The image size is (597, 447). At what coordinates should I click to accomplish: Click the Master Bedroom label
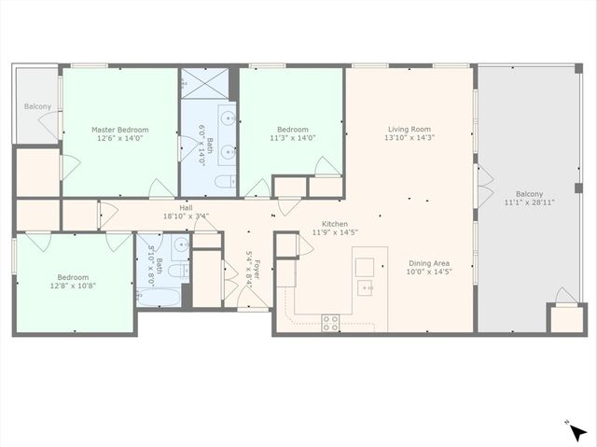tap(119, 129)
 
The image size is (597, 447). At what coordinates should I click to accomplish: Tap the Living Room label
tap(409, 129)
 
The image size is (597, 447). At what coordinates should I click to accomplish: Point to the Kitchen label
tap(335, 224)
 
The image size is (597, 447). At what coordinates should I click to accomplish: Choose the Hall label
tap(187, 207)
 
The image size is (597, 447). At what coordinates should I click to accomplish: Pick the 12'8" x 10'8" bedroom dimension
tap(72, 286)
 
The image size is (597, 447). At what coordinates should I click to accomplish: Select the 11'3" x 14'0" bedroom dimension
tap(292, 137)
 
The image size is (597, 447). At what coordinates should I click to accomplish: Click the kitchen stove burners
tap(330, 322)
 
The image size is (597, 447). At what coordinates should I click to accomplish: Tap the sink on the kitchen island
tap(367, 287)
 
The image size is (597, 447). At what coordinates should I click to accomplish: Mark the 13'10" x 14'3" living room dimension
tap(409, 137)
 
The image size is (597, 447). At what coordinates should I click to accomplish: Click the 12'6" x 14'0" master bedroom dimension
tap(119, 137)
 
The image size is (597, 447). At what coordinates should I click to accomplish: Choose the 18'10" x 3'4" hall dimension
tap(187, 216)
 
